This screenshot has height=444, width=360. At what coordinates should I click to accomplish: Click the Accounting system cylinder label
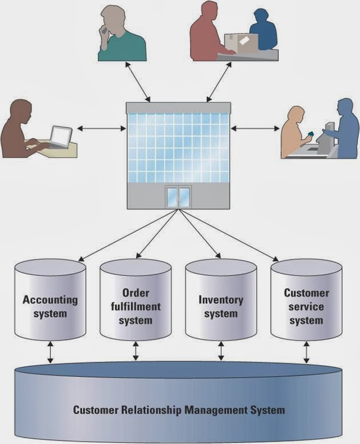tap(50, 306)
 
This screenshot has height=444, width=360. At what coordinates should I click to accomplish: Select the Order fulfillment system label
tap(135, 306)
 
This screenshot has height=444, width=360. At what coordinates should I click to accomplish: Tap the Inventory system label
tap(221, 306)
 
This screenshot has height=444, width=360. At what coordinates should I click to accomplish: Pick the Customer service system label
tap(306, 306)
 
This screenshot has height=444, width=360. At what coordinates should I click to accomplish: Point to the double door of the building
tap(177, 197)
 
